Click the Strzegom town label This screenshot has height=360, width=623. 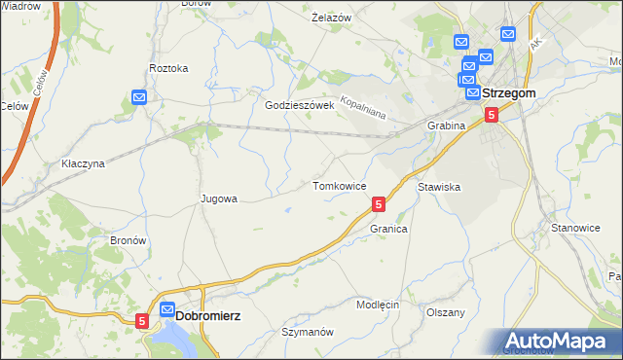(x=510, y=93)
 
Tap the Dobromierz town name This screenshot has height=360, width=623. (x=208, y=315)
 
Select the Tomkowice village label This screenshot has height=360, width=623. (x=339, y=185)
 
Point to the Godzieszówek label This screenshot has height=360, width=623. (x=300, y=105)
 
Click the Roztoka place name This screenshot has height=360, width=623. (x=168, y=68)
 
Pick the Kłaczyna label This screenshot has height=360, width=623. (x=82, y=163)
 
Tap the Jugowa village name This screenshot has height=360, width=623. (x=219, y=198)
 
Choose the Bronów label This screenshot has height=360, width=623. (x=128, y=240)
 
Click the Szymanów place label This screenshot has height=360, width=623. (x=308, y=332)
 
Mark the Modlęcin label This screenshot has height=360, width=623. (x=378, y=305)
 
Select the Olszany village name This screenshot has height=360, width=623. (x=446, y=312)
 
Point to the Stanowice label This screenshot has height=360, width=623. (x=575, y=228)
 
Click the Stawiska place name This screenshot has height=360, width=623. (x=439, y=186)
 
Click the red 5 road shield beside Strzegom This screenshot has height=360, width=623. (x=492, y=115)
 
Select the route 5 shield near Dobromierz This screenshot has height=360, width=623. (x=143, y=319)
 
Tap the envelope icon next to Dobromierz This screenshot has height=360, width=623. (x=166, y=310)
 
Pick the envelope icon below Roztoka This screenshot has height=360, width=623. (x=139, y=97)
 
